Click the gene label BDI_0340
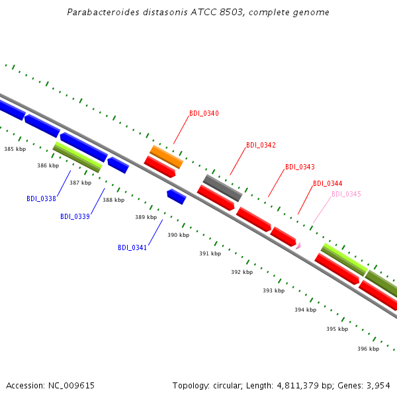(204, 113)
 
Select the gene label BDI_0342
(261, 145)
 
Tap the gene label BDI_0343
(300, 167)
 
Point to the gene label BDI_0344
(328, 183)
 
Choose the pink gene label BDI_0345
(346, 194)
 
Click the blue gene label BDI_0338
(41, 198)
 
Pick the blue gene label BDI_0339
(75, 217)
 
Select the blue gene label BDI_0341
(132, 247)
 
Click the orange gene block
(166, 157)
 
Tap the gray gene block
(223, 188)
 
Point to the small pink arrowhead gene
(298, 245)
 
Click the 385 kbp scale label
(15, 149)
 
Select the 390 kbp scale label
(178, 235)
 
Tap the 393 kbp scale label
(274, 290)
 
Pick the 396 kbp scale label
(369, 349)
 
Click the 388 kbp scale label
(113, 200)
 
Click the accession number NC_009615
(71, 386)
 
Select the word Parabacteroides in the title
(103, 12)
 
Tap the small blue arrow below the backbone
(177, 197)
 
